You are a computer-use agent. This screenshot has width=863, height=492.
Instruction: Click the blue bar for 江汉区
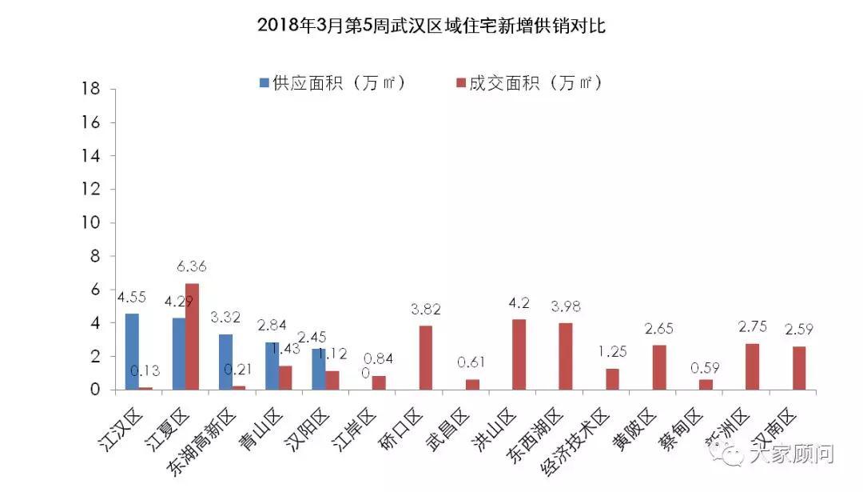[132, 352]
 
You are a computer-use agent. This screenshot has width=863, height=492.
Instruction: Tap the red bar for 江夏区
[193, 337]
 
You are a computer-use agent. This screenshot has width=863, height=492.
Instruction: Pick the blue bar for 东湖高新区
[225, 362]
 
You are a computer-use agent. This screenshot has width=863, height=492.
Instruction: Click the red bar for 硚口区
[426, 358]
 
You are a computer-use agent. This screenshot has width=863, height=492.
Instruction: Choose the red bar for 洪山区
[519, 354]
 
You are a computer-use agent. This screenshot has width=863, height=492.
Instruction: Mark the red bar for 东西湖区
[566, 356]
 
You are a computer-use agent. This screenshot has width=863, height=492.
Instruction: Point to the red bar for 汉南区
[799, 368]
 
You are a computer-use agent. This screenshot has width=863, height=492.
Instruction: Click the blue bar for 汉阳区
[319, 369]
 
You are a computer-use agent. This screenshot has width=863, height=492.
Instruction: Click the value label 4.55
[132, 297]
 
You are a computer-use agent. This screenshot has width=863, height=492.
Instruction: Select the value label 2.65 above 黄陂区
[659, 329]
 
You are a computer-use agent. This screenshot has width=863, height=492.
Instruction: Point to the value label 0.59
[706, 363]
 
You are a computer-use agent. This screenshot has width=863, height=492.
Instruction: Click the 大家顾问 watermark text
[789, 455]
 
